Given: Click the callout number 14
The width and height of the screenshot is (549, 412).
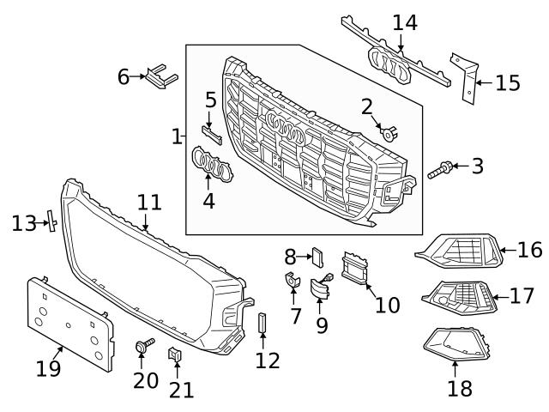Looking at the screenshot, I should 405,23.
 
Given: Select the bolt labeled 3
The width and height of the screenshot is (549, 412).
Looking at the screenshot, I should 437,171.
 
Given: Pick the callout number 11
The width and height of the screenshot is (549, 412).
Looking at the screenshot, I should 149,203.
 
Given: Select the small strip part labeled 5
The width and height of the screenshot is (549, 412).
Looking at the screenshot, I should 212,134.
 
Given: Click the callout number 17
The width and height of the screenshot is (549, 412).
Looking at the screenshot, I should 522,296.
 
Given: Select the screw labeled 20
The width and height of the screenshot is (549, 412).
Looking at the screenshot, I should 141,347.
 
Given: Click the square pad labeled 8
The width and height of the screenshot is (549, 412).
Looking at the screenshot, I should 315,255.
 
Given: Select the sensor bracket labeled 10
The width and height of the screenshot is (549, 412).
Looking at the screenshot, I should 354,268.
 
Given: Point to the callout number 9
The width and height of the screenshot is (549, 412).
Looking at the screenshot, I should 322,326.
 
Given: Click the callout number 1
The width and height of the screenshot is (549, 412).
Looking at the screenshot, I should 177,136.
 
